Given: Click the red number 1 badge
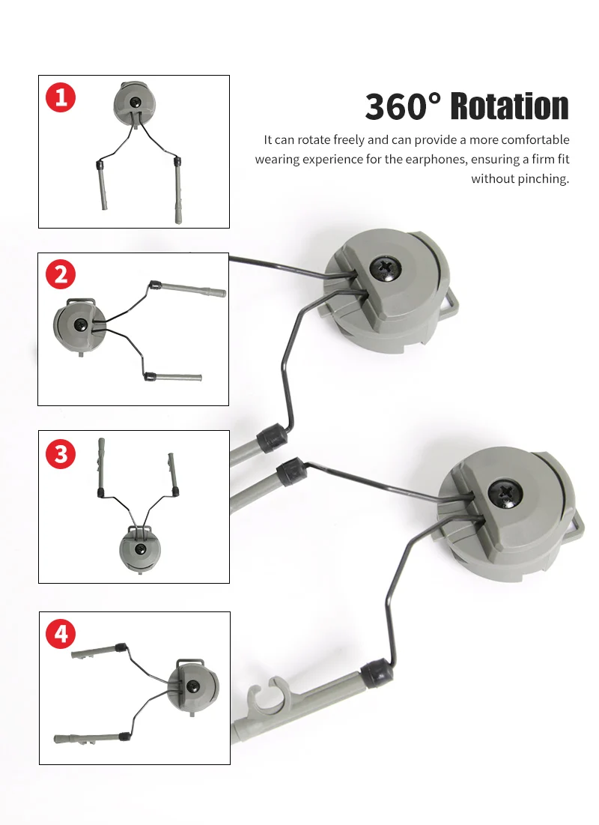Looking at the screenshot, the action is [x=61, y=98].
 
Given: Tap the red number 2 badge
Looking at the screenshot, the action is [x=61, y=275].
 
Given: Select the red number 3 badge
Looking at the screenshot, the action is [x=61, y=454].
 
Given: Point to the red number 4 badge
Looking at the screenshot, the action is [x=61, y=634].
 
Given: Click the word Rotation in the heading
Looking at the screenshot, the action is [x=510, y=106].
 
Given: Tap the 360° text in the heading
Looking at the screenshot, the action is [x=404, y=106].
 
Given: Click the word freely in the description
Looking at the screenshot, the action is [x=349, y=140].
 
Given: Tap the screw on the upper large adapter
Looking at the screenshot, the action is [x=386, y=268].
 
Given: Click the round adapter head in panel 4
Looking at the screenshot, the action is [x=192, y=686].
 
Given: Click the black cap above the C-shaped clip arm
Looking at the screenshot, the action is [x=377, y=676].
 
